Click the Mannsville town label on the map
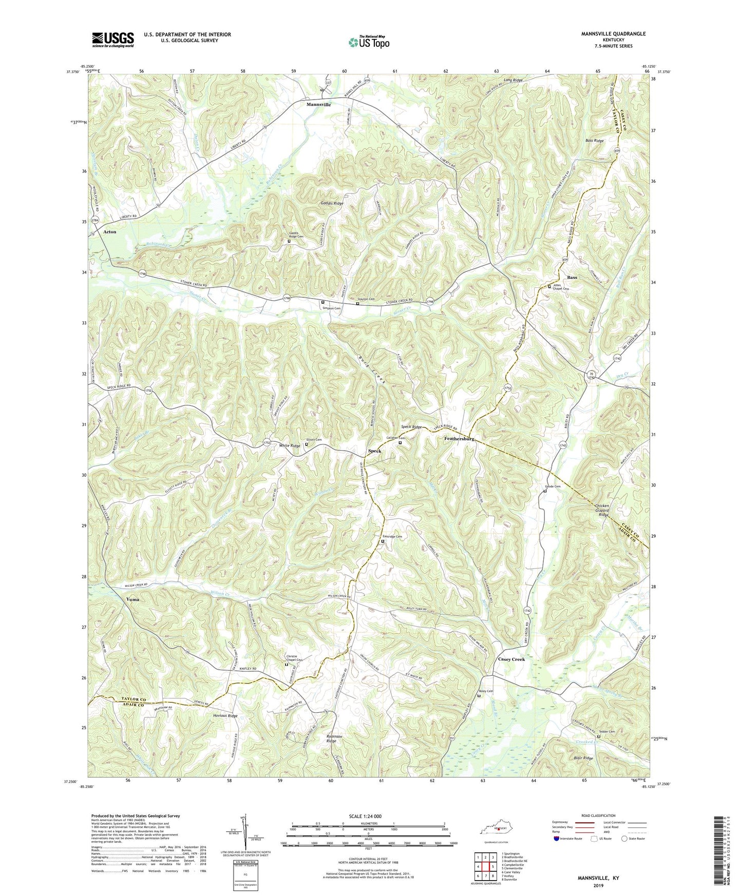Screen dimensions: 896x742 [x=318, y=104]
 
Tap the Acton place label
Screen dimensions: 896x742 [x=110, y=232]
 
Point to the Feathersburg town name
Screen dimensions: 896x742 [x=459, y=439]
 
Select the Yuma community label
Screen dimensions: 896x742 [x=132, y=599]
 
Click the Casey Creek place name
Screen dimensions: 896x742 [x=511, y=659]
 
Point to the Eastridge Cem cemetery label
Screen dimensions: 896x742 [x=392, y=536]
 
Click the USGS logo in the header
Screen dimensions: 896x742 [x=113, y=40]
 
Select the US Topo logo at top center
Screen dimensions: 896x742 [x=369, y=42]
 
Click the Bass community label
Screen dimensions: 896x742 [x=572, y=278]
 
